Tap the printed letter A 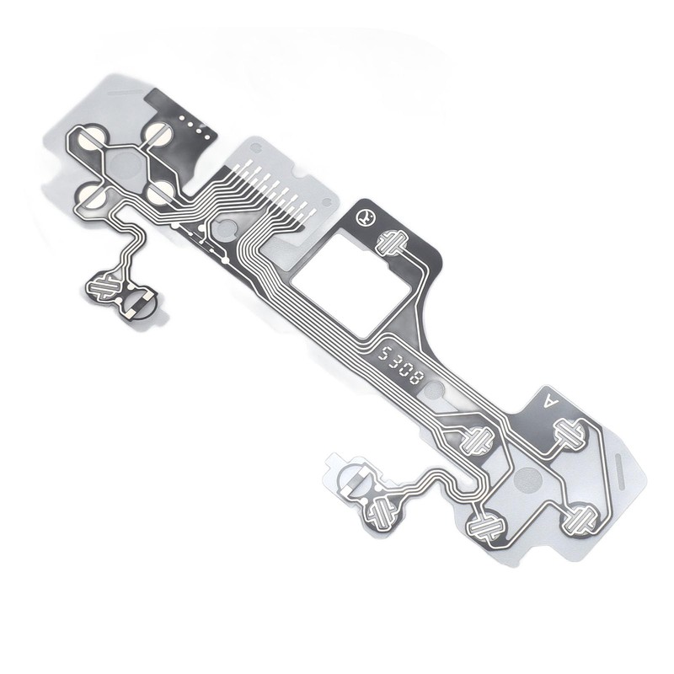coord(551,402)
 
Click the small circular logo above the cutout coord(366,217)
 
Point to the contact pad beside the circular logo coord(392,243)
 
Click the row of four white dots coord(195,127)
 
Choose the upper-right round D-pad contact coord(158,133)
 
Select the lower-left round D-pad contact coord(92,196)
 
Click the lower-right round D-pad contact coord(160,192)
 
